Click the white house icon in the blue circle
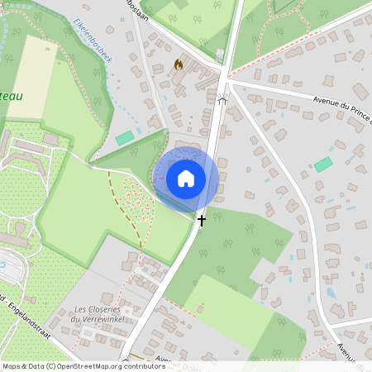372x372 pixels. pyautogui.click(x=185, y=178)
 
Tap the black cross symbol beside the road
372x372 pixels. pyautogui.click(x=201, y=221)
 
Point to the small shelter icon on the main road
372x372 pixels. pyautogui.click(x=222, y=100)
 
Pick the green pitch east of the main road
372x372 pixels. pyautogui.click(x=322, y=165)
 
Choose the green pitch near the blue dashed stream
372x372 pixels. pyautogui.click(x=125, y=138)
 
